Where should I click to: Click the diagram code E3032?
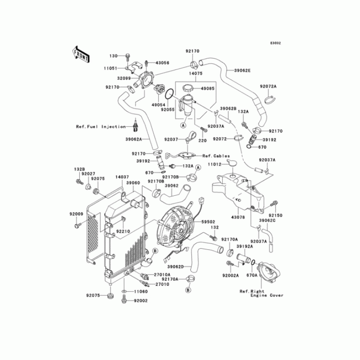(275, 43)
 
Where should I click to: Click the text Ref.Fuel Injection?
(101, 127)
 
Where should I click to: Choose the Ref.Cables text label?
(213, 156)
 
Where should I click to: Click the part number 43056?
(162, 63)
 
